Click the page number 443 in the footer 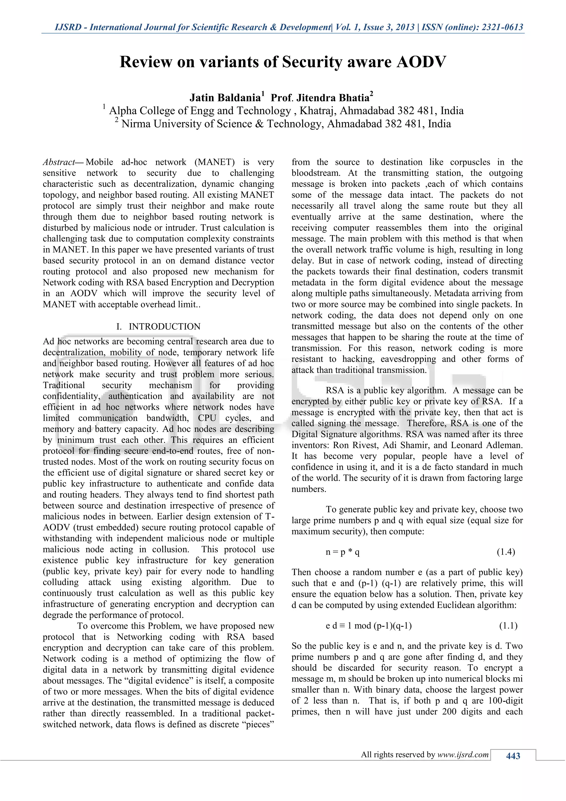tap(513, 756)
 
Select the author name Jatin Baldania tap(225, 98)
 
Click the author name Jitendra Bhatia tap(332, 98)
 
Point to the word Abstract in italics tap(59, 162)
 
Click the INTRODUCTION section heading tap(164, 327)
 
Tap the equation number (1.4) tap(506, 552)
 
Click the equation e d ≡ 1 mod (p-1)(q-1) tap(368, 626)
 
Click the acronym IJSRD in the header tap(68, 27)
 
